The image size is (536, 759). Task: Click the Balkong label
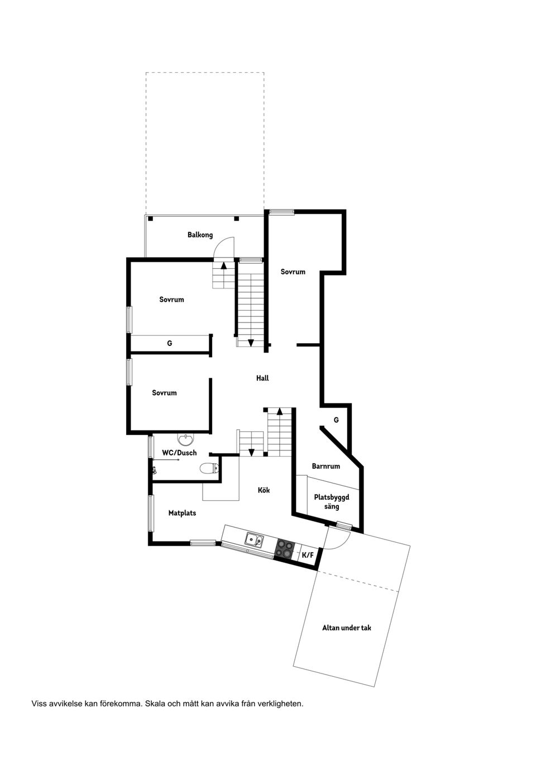coord(200,235)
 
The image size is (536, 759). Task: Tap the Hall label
coord(262,378)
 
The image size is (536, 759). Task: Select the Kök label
coord(264,490)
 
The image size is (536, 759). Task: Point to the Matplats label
coord(182,513)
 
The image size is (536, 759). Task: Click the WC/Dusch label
coord(179,453)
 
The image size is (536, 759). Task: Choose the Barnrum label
coord(326,466)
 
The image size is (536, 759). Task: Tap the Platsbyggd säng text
coord(332,501)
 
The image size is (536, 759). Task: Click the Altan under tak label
coord(347,628)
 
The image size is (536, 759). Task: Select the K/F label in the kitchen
coord(308,555)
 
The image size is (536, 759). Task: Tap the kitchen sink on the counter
coord(254,540)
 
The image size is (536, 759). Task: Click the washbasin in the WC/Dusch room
coord(185,439)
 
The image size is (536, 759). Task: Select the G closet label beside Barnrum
coord(336,420)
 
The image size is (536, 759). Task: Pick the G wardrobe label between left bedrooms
coord(170,343)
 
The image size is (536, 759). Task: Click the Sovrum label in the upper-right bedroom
coord(293,272)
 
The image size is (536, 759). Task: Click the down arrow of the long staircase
coord(251,343)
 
